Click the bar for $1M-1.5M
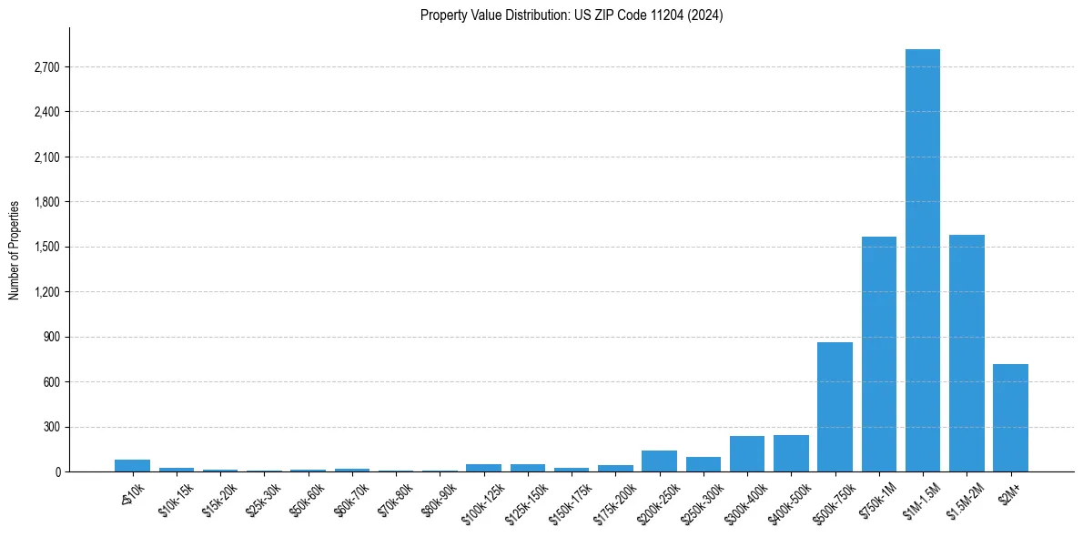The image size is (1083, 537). (x=923, y=260)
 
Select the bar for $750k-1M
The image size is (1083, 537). (x=879, y=354)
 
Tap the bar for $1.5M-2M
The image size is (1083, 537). (x=967, y=353)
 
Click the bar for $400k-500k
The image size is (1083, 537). (x=791, y=453)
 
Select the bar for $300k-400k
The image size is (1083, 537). (x=747, y=454)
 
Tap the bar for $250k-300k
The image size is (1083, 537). (x=703, y=464)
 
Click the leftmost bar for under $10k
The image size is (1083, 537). (x=133, y=466)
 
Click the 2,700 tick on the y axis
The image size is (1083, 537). (x=45, y=67)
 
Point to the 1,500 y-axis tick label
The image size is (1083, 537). (x=45, y=248)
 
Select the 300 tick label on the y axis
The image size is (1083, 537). (x=50, y=427)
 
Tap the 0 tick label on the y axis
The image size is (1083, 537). (x=56, y=472)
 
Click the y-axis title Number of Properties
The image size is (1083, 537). (x=15, y=249)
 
